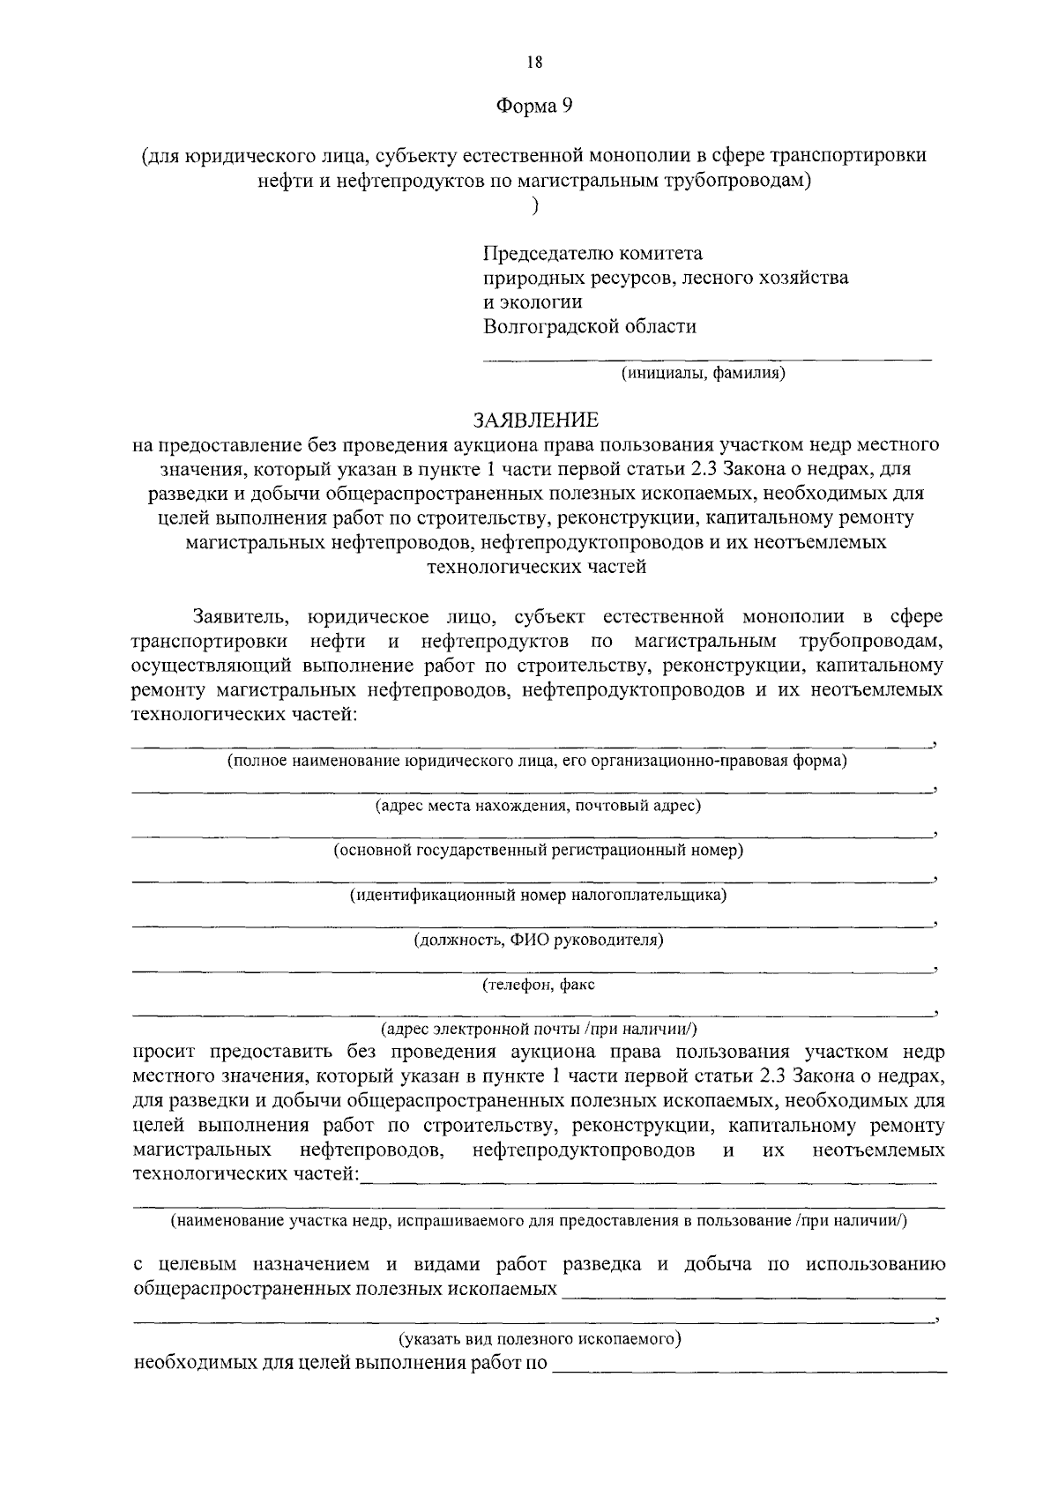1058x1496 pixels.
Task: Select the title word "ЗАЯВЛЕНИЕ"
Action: pos(535,420)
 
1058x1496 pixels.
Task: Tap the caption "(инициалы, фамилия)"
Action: pos(704,373)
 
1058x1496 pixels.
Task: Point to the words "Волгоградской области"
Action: pos(590,327)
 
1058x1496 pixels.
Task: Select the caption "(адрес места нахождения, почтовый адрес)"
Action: pos(538,806)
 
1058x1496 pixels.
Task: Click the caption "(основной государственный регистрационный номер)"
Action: pos(538,851)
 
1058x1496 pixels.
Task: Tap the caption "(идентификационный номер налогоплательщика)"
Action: pos(538,896)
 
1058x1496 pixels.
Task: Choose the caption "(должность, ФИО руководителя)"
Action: pos(539,941)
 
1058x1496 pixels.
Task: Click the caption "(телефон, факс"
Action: pos(538,985)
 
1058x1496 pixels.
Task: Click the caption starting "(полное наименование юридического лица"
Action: pos(538,760)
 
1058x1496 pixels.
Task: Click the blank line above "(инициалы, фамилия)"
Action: pos(706,358)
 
